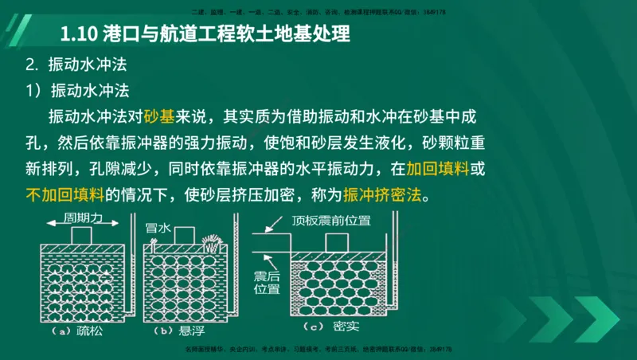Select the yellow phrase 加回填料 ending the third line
[x=436, y=169]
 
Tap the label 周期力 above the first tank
[x=85, y=218]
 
